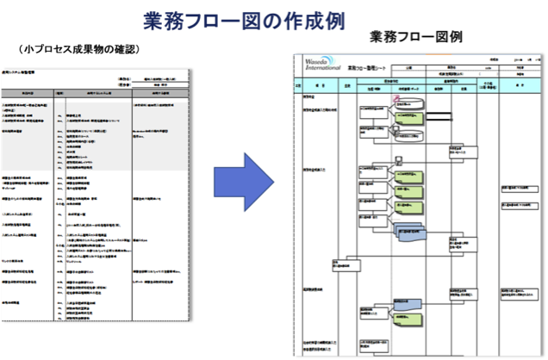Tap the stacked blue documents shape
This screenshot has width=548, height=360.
tap(408, 233)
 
